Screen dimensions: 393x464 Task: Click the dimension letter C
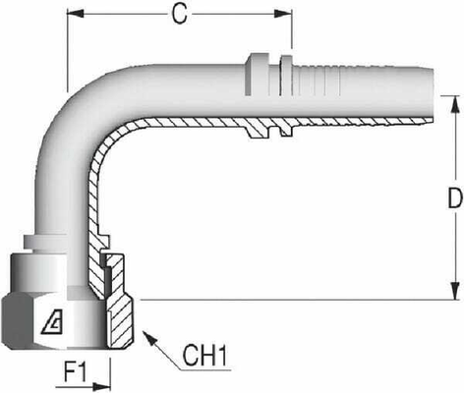[179, 14]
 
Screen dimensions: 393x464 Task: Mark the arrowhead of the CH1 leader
[147, 332]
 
